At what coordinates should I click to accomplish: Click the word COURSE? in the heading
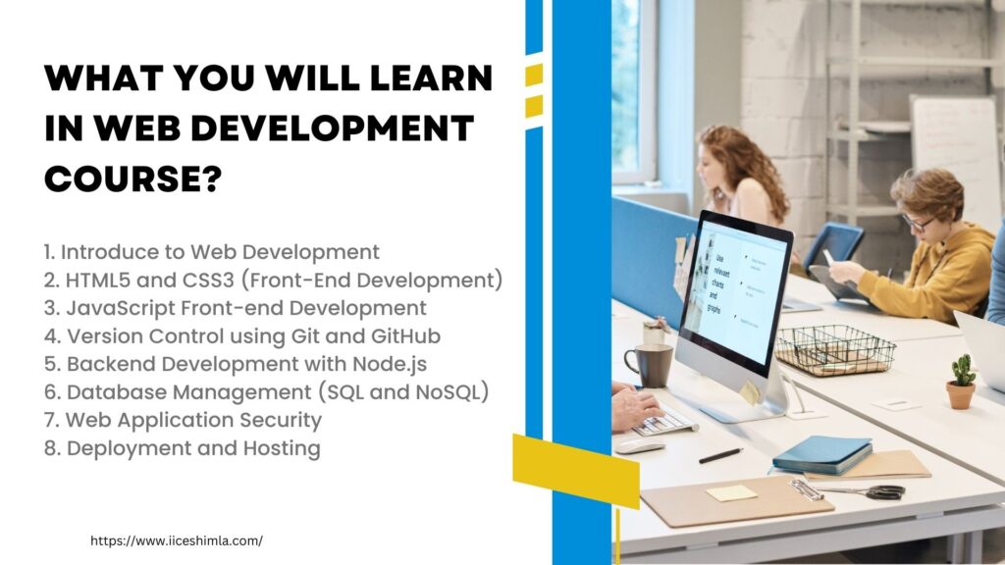pyautogui.click(x=132, y=178)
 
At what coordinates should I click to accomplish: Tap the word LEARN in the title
pyautogui.click(x=432, y=78)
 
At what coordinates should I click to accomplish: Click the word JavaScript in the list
pyautogui.click(x=121, y=308)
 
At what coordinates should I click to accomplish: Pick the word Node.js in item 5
pyautogui.click(x=390, y=364)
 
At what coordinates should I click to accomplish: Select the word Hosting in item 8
pyautogui.click(x=282, y=448)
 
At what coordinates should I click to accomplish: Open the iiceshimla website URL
pyautogui.click(x=177, y=540)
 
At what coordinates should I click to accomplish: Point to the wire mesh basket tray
pyautogui.click(x=834, y=350)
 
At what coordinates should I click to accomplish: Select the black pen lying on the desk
pyautogui.click(x=721, y=455)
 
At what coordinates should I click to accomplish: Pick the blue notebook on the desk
pyautogui.click(x=822, y=454)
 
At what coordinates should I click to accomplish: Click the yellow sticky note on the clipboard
pyautogui.click(x=731, y=492)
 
